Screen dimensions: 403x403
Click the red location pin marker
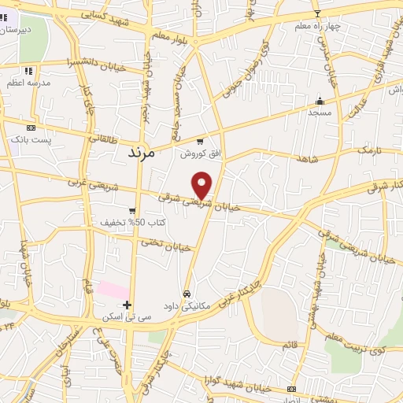pos(202,184)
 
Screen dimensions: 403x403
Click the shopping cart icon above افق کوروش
pos(200,142)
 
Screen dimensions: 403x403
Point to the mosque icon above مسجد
pos(320,101)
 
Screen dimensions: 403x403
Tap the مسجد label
pos(320,113)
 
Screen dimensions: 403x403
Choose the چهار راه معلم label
pos(318,26)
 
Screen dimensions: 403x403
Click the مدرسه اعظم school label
pos(28,83)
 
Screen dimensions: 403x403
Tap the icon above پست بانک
pos(31,128)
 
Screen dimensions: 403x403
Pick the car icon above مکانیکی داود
pos(187,294)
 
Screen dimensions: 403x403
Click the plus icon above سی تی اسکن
pos(127,304)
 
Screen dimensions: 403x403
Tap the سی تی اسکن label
pos(123,317)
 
